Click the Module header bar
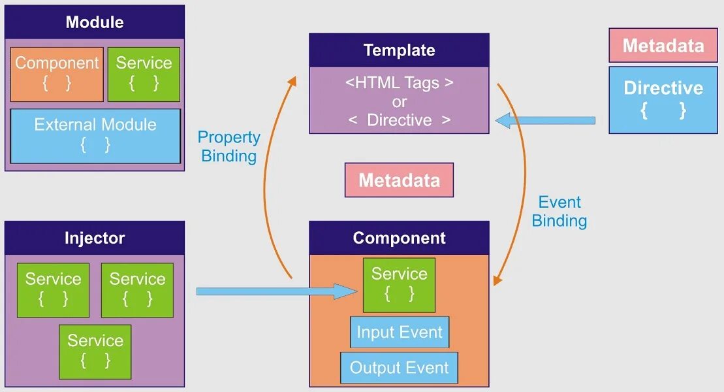tap(95, 22)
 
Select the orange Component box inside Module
tap(57, 74)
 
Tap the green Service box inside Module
tap(144, 74)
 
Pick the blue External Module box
tap(95, 135)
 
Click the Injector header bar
tap(95, 238)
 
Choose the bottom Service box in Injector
tap(95, 351)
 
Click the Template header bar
tap(399, 50)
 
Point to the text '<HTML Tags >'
tap(399, 83)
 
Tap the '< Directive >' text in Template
tap(399, 120)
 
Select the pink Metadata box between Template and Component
tap(399, 180)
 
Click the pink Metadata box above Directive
tap(663, 45)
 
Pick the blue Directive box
tap(663, 99)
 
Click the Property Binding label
tap(229, 146)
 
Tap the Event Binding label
tap(559, 211)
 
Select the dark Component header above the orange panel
tap(399, 238)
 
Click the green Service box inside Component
tap(399, 284)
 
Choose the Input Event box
tap(399, 333)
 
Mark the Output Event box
tap(399, 368)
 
